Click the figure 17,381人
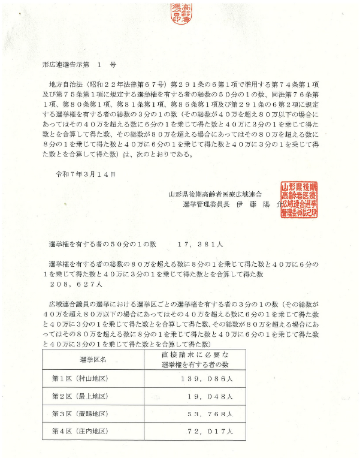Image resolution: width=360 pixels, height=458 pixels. [201, 244]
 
